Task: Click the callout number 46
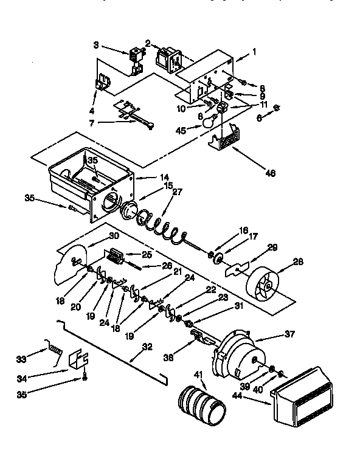tap(271, 173)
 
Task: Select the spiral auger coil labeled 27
tap(163, 225)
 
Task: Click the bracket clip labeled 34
tap(78, 362)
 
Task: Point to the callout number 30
tap(114, 237)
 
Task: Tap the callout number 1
tap(254, 52)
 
